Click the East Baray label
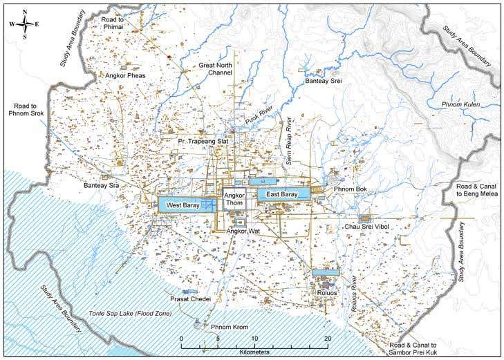click(x=282, y=196)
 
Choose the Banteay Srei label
click(x=324, y=81)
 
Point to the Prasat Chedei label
click(x=189, y=299)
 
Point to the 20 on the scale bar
click(x=329, y=339)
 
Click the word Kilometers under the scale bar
click(x=255, y=352)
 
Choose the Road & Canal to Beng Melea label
click(x=477, y=191)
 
